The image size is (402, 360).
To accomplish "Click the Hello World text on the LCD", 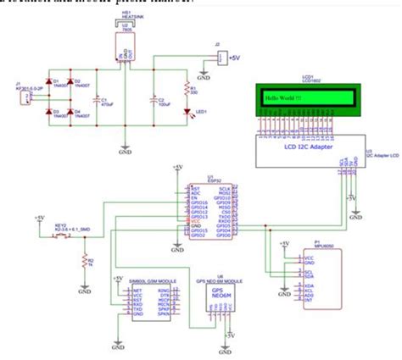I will pyautogui.click(x=283, y=98).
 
